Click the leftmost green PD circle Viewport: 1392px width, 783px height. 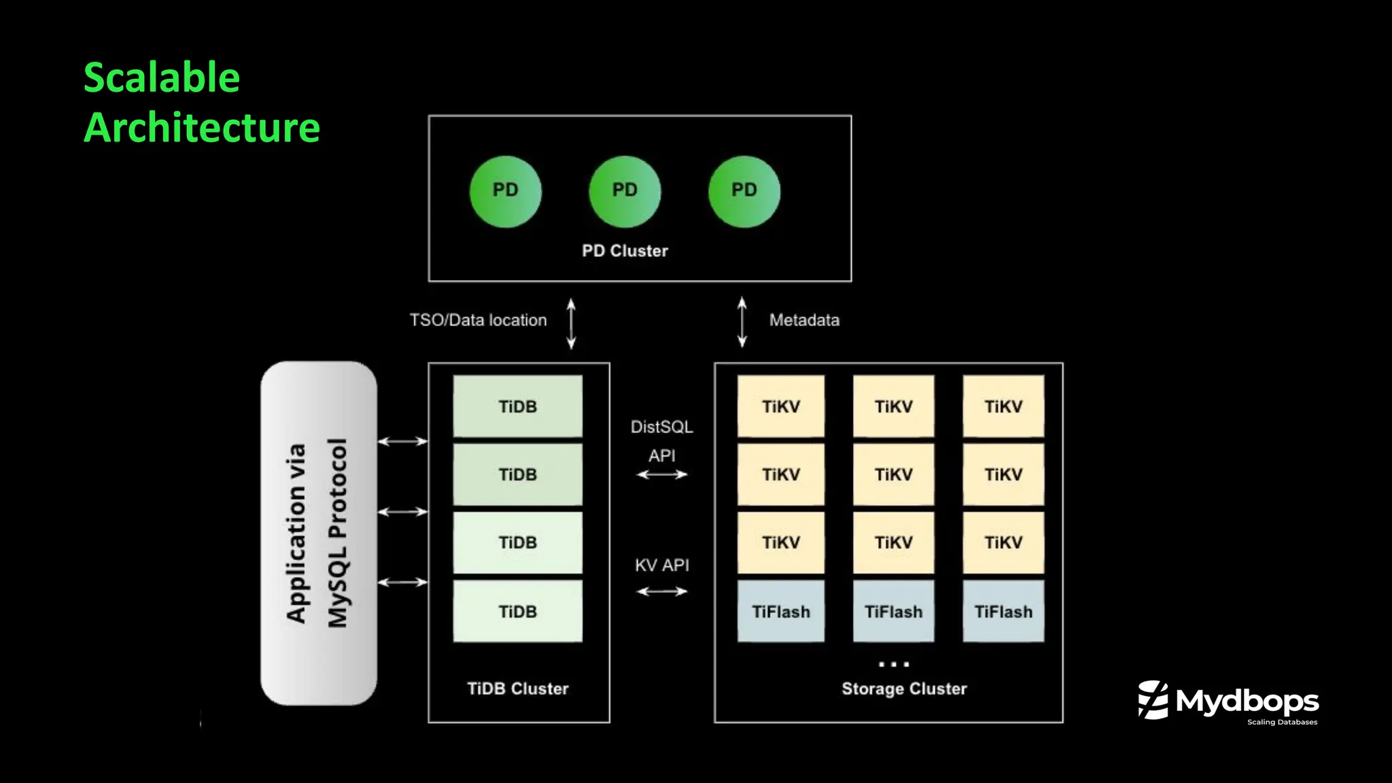505,191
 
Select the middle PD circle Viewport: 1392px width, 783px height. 625,191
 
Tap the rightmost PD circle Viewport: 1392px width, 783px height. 744,191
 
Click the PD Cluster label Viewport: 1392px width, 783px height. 625,251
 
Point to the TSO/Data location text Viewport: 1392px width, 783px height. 478,320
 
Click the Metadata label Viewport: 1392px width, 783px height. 804,320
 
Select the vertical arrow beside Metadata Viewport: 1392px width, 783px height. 742,323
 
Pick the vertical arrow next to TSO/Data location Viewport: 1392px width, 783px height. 571,324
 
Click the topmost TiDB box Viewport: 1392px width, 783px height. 517,406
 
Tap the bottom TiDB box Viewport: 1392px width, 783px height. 517,611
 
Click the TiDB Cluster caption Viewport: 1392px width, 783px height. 517,689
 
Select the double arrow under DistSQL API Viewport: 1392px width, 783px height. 661,474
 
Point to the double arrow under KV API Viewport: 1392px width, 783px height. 661,591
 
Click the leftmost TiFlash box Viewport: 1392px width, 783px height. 780,611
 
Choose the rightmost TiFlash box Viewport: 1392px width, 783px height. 1003,611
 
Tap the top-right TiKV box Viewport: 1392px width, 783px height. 1003,406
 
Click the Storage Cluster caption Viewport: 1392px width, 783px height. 903,689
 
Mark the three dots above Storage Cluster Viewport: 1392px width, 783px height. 893,664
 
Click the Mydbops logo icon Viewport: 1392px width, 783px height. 1153,700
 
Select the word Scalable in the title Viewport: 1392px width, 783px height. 162,77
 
